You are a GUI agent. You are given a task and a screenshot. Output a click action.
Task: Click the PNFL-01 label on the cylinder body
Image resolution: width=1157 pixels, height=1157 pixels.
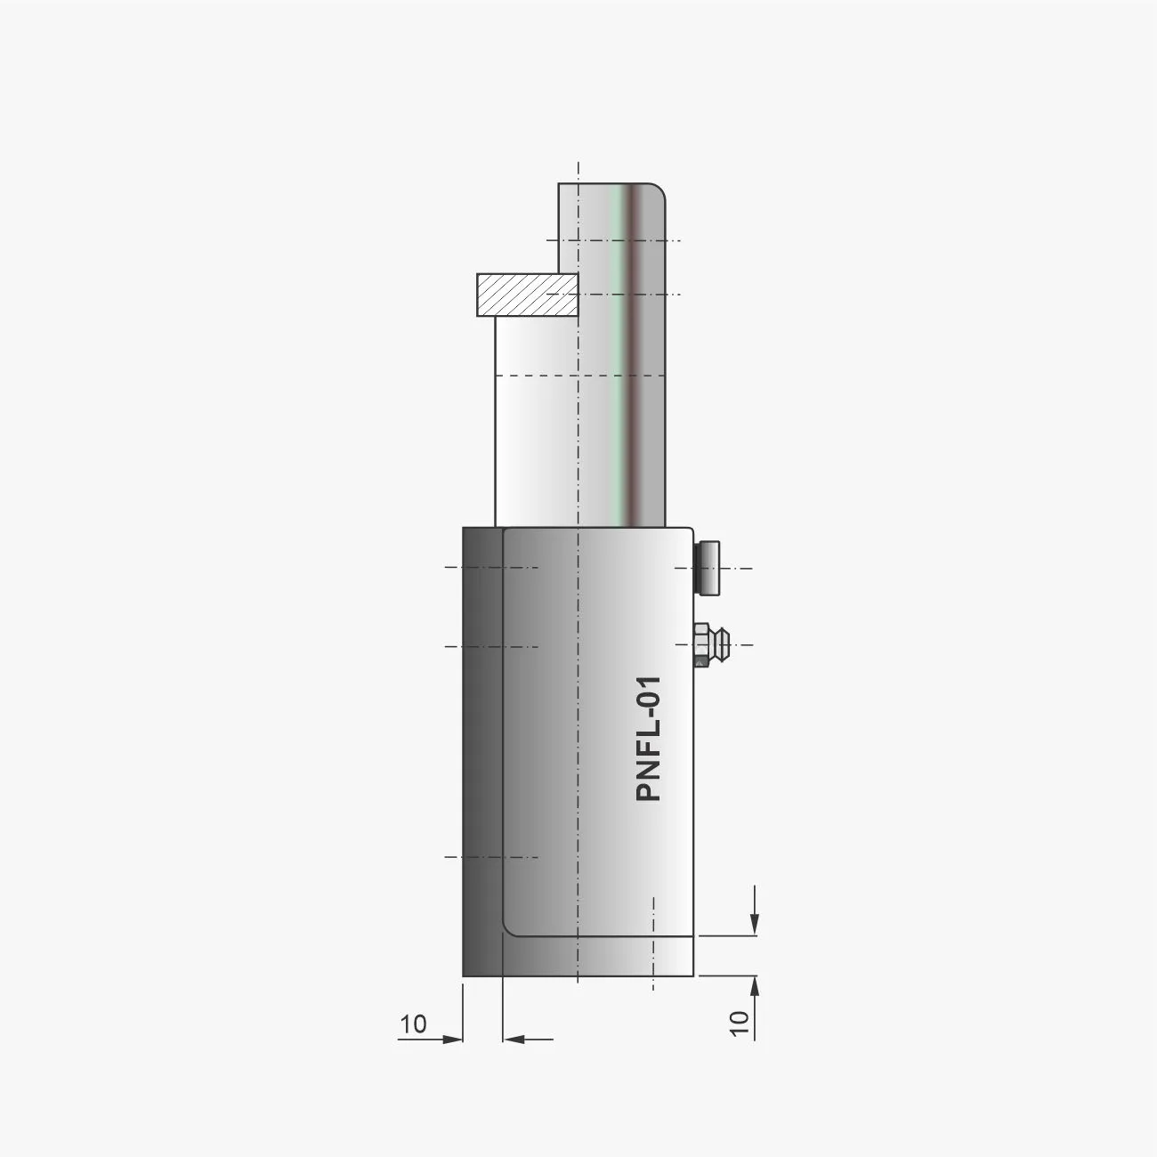tap(649, 739)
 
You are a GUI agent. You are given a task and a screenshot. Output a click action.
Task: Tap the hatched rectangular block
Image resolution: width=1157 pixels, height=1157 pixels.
tap(528, 295)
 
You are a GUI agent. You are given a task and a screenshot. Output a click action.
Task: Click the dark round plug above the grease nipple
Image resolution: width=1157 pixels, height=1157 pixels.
tap(707, 568)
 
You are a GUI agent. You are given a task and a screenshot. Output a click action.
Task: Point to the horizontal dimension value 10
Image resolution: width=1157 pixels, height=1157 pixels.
tap(413, 1023)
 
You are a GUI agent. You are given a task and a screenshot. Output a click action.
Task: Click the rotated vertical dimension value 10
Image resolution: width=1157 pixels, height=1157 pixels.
tap(739, 1023)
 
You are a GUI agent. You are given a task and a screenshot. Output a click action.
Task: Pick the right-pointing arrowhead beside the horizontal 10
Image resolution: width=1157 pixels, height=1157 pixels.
tap(453, 1040)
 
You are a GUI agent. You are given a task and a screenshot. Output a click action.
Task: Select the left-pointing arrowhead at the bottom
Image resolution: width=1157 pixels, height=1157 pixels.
tap(514, 1039)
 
